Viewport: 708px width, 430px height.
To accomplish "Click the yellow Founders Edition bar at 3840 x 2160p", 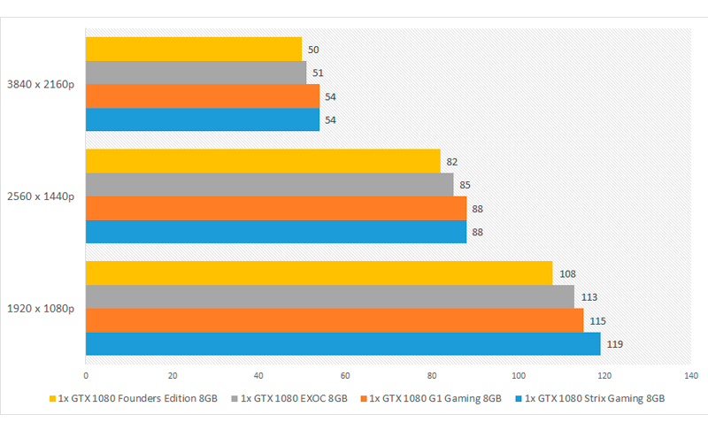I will pyautogui.click(x=193, y=49).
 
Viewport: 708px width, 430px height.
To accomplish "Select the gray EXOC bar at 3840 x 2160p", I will pyautogui.click(x=196, y=73).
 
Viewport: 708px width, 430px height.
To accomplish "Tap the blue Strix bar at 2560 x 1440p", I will pyautogui.click(x=275, y=232).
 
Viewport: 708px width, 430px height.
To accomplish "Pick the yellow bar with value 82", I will pyautogui.click(x=262, y=161).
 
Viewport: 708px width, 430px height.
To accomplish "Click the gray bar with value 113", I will pyautogui.click(x=329, y=297).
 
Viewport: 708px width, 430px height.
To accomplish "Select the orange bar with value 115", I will pyautogui.click(x=334, y=320).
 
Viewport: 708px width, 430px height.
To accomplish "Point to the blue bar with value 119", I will pyautogui.click(x=342, y=344).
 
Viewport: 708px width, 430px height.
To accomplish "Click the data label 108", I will pyautogui.click(x=566, y=273).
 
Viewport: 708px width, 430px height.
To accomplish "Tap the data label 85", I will pyautogui.click(x=466, y=185).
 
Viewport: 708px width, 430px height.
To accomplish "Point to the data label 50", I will pyautogui.click(x=313, y=50).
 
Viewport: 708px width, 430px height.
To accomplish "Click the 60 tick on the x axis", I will pyautogui.click(x=345, y=373).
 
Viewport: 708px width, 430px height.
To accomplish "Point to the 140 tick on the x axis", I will pyautogui.click(x=692, y=373).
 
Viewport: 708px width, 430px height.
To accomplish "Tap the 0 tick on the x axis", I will pyautogui.click(x=86, y=373).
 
